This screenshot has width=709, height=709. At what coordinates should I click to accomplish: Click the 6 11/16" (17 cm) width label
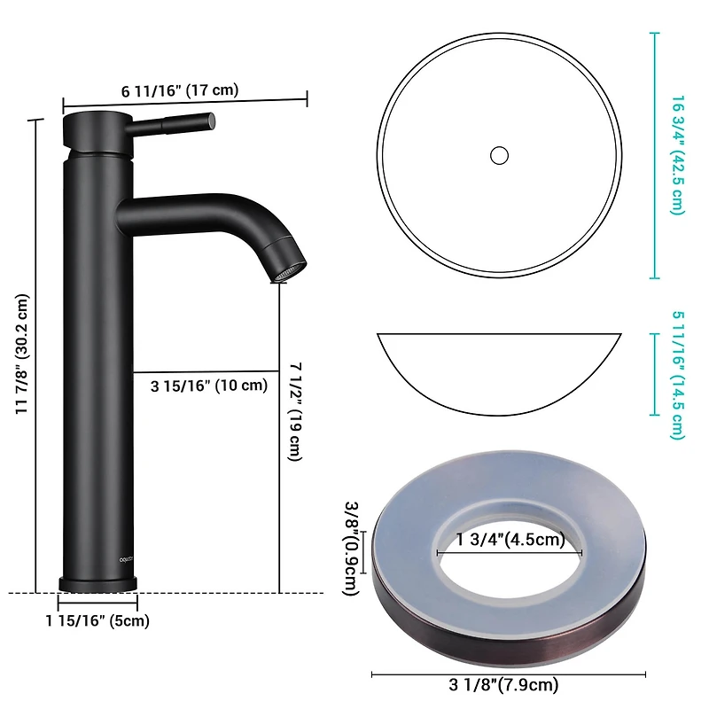pos(180,90)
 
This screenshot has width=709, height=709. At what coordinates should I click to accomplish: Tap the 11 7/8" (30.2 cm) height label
pos(22,354)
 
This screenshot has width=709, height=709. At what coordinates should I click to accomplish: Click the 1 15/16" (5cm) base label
pos(97,620)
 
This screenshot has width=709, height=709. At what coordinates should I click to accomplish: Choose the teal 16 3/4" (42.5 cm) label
pos(677,154)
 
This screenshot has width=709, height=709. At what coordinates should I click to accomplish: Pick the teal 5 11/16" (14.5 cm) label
pos(677,374)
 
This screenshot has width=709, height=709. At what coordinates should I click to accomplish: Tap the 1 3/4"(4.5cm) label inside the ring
pos(510,540)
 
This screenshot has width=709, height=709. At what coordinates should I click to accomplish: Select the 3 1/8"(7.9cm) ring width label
pos(509,683)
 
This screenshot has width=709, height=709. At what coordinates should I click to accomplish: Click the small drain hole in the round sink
pos(499,155)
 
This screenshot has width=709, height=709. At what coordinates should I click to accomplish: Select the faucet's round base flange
pos(97,583)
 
